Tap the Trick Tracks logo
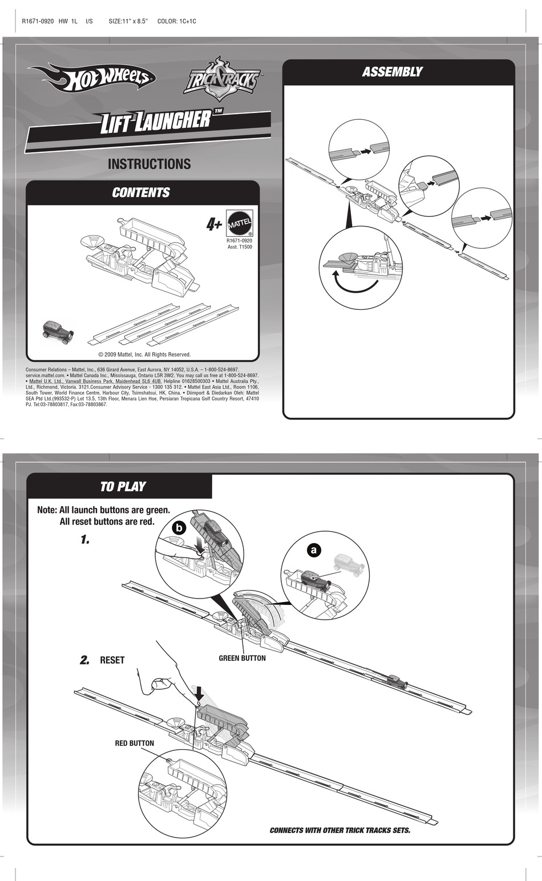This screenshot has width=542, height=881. tap(221, 79)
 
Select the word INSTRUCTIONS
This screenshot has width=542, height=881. tap(149, 164)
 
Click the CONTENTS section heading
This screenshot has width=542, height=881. tap(141, 193)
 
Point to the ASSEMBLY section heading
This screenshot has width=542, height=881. tap(392, 72)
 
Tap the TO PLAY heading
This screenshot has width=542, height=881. tap(123, 487)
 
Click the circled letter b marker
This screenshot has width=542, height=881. tap(179, 528)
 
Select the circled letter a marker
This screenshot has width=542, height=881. tap(313, 550)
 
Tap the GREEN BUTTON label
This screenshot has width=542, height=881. tap(242, 658)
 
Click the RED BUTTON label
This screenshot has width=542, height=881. tap(134, 743)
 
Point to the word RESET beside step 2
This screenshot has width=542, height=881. tap(112, 660)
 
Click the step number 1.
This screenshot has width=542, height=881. tap(85, 539)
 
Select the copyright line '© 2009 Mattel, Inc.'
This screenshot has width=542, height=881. tap(144, 354)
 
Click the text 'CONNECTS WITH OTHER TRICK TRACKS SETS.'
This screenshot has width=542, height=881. tap(339, 830)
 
